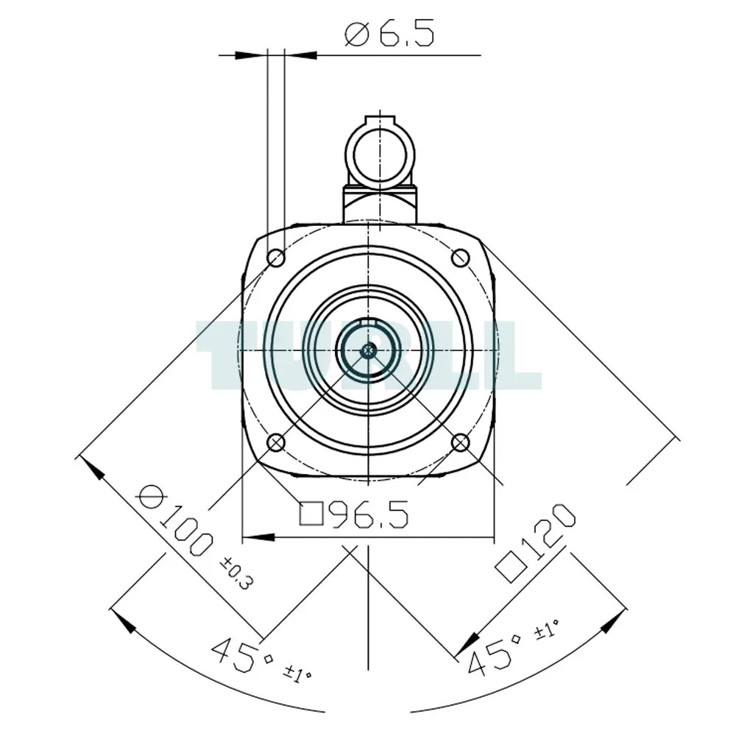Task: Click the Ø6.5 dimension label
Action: (x=389, y=34)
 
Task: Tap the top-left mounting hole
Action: (x=276, y=258)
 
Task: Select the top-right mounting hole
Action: (x=461, y=258)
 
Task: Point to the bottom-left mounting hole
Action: (x=276, y=442)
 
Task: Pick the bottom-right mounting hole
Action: (x=461, y=442)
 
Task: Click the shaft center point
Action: (x=369, y=350)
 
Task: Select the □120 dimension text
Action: (x=536, y=542)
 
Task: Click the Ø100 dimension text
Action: (x=176, y=520)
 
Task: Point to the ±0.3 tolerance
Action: (x=237, y=573)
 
